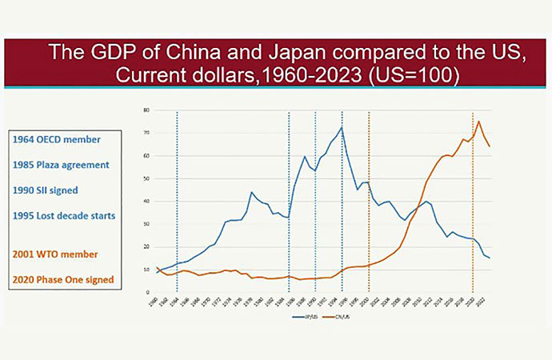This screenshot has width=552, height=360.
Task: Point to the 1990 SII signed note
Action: pos(50,190)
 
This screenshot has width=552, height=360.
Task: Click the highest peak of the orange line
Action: pos(478,121)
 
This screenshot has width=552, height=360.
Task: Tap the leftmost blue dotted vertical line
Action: pos(177,200)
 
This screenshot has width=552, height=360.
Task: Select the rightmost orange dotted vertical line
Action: pos(473,200)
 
